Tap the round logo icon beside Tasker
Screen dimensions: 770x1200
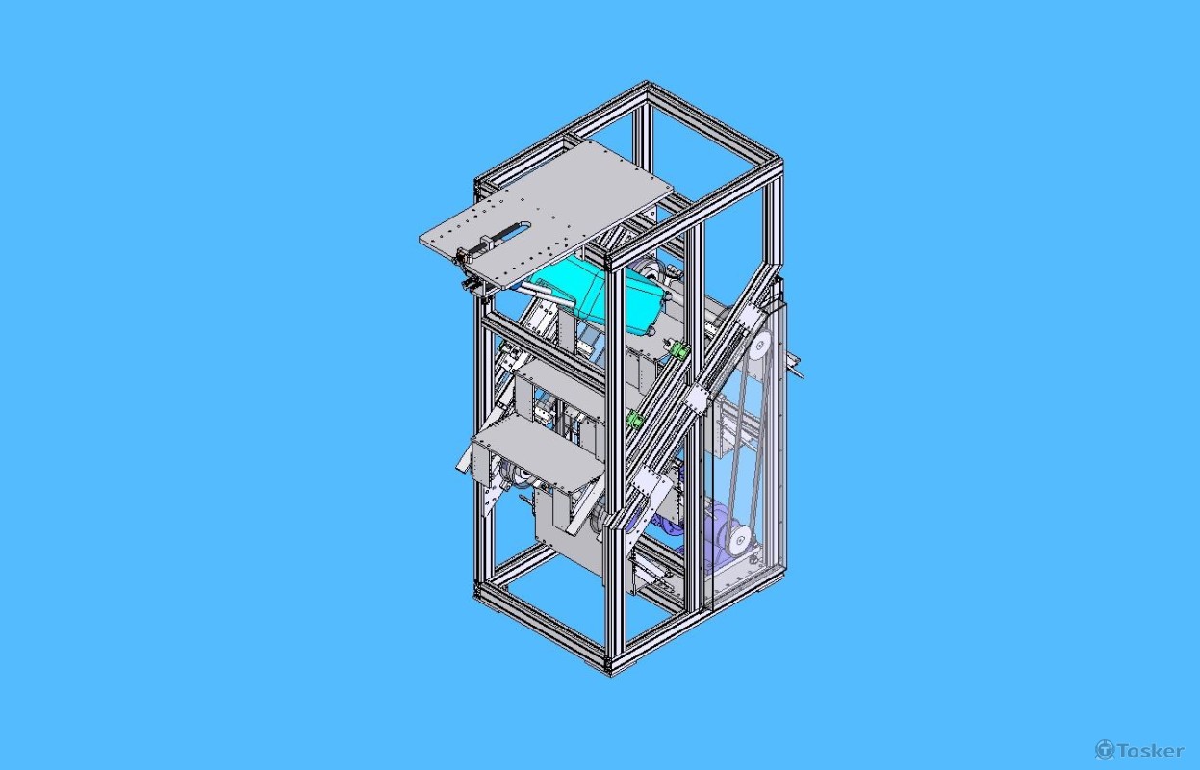tap(1105, 750)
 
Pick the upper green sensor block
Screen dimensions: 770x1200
tap(679, 350)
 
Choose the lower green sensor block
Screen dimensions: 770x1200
tap(634, 419)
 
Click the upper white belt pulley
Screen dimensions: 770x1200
tap(759, 345)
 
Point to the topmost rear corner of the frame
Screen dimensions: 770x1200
tap(646, 88)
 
